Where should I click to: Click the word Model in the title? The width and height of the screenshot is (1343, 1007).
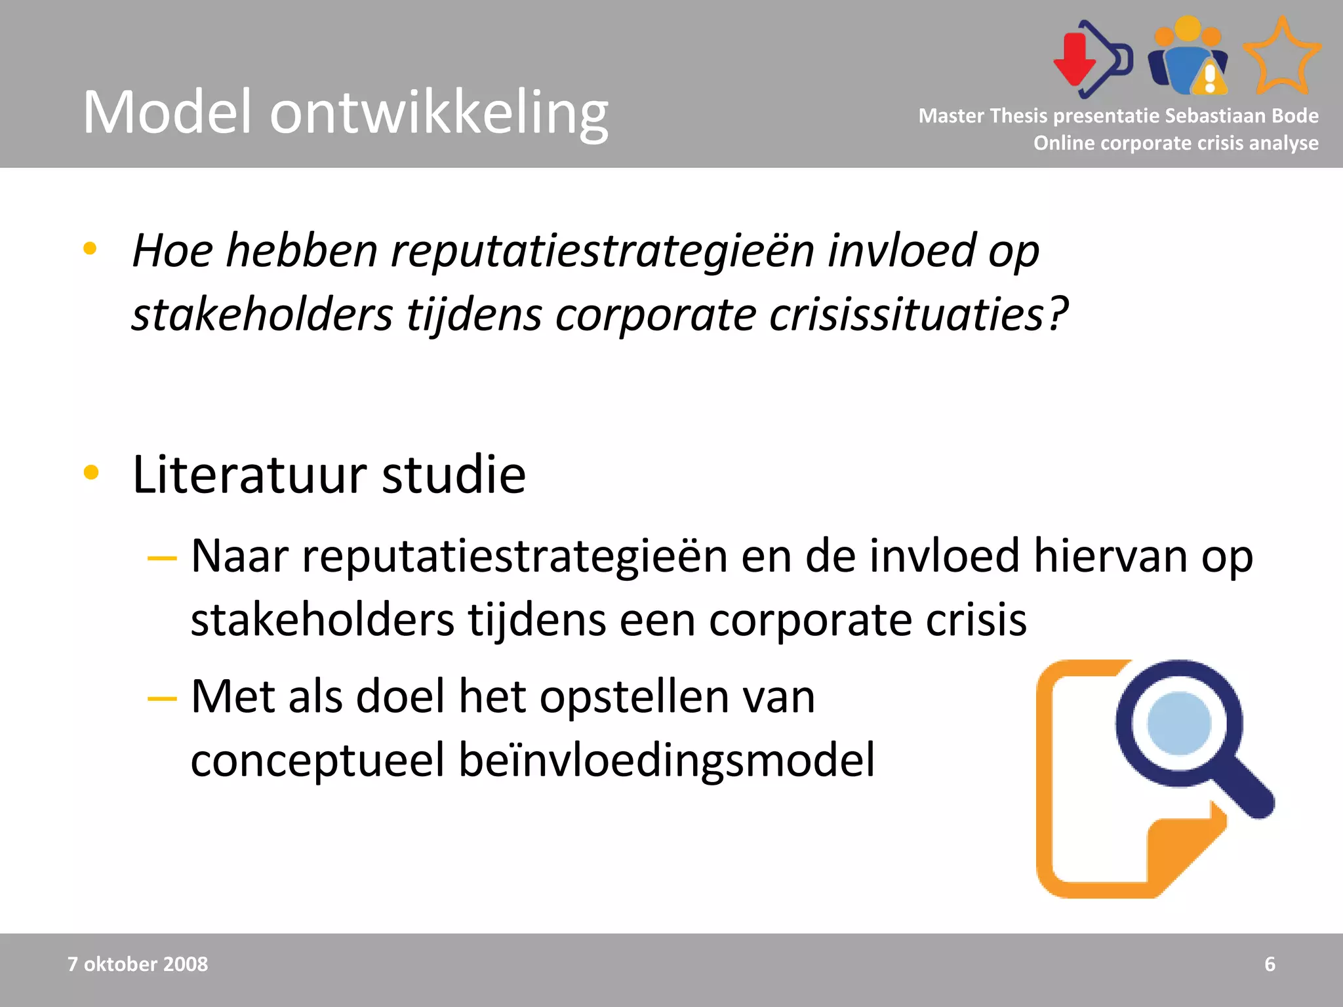pyautogui.click(x=167, y=113)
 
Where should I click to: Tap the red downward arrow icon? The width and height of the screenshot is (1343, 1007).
pyautogui.click(x=1074, y=60)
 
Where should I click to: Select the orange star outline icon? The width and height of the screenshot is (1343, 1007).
pyautogui.click(x=1281, y=58)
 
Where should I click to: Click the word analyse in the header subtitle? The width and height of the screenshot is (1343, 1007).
pyautogui.click(x=1283, y=143)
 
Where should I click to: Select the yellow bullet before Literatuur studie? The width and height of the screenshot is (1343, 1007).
pyautogui.click(x=91, y=473)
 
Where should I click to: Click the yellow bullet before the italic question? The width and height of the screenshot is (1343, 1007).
pyautogui.click(x=90, y=249)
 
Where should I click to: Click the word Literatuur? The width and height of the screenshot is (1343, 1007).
pyautogui.click(x=250, y=474)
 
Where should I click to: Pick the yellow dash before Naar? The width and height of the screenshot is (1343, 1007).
pyautogui.click(x=162, y=559)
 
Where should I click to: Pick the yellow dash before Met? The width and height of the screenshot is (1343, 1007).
pyautogui.click(x=162, y=699)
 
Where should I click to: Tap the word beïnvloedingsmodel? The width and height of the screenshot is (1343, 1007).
pyautogui.click(x=666, y=760)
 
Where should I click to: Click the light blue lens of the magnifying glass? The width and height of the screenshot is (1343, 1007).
pyautogui.click(x=1178, y=723)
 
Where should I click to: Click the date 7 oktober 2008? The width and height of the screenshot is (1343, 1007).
pyautogui.click(x=138, y=964)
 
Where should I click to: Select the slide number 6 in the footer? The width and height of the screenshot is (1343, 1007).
pyautogui.click(x=1270, y=964)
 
